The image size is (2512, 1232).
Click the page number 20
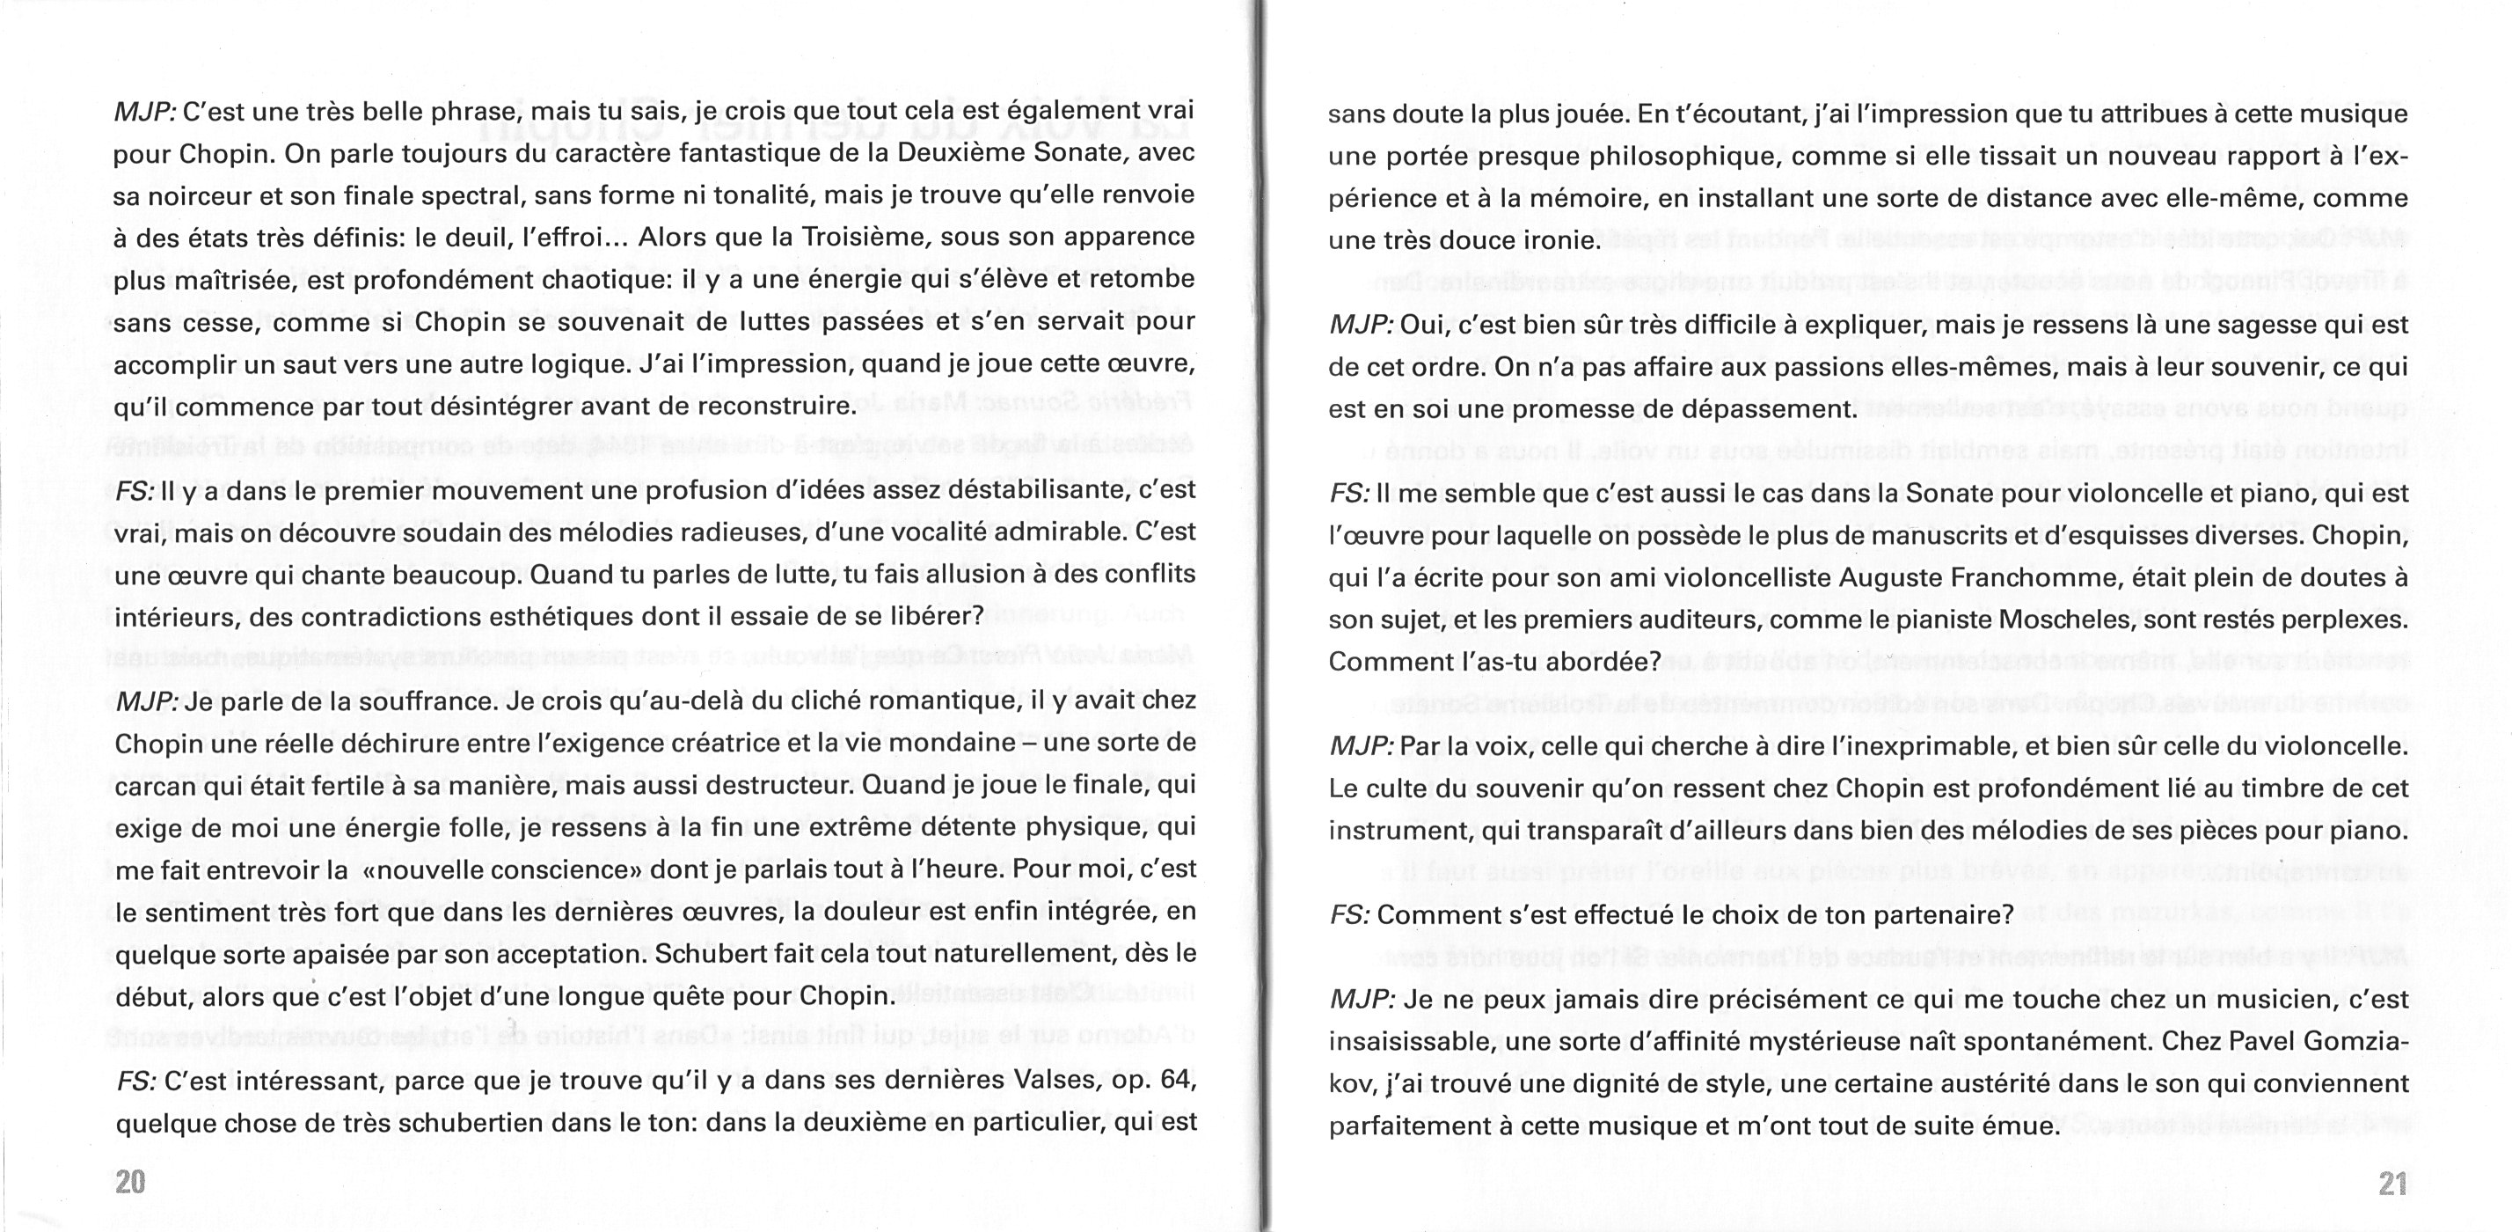(x=131, y=1182)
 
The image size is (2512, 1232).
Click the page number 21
(x=2392, y=1184)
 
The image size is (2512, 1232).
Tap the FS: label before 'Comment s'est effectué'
(x=1349, y=915)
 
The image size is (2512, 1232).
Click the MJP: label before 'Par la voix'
(x=1361, y=746)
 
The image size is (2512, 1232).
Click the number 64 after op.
(x=1178, y=1080)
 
